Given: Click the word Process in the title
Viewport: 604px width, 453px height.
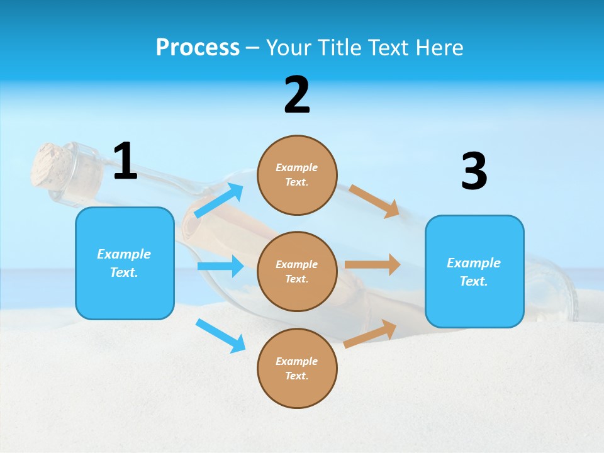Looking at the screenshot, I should click(198, 48).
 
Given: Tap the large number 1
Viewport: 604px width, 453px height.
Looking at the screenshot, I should click(125, 162).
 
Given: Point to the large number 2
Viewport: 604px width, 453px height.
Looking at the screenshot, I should click(297, 95).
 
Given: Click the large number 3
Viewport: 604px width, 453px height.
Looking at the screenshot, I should click(474, 172).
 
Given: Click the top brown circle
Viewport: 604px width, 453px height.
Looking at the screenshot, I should click(297, 175).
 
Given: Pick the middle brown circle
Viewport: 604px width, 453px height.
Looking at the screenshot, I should click(297, 271).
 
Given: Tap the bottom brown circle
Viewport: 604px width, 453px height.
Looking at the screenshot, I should click(297, 368).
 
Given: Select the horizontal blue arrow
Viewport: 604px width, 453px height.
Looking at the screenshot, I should click(220, 266).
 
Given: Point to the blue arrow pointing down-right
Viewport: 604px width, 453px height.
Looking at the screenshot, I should click(221, 335).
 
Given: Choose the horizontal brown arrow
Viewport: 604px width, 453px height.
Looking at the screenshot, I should click(372, 265).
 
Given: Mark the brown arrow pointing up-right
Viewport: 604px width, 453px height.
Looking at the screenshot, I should click(371, 333).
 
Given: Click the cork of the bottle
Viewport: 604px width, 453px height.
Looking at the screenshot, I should click(52, 165).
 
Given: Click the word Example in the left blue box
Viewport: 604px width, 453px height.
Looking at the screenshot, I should click(124, 254).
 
